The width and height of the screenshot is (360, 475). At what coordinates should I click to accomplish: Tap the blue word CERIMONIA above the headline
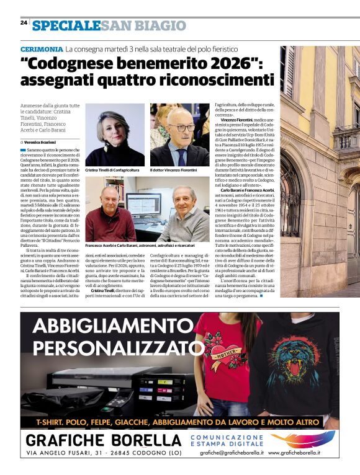42,48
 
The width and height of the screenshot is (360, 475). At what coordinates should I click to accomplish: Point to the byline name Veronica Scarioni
41,142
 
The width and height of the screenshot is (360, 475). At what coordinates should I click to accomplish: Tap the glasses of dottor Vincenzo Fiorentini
181,128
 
